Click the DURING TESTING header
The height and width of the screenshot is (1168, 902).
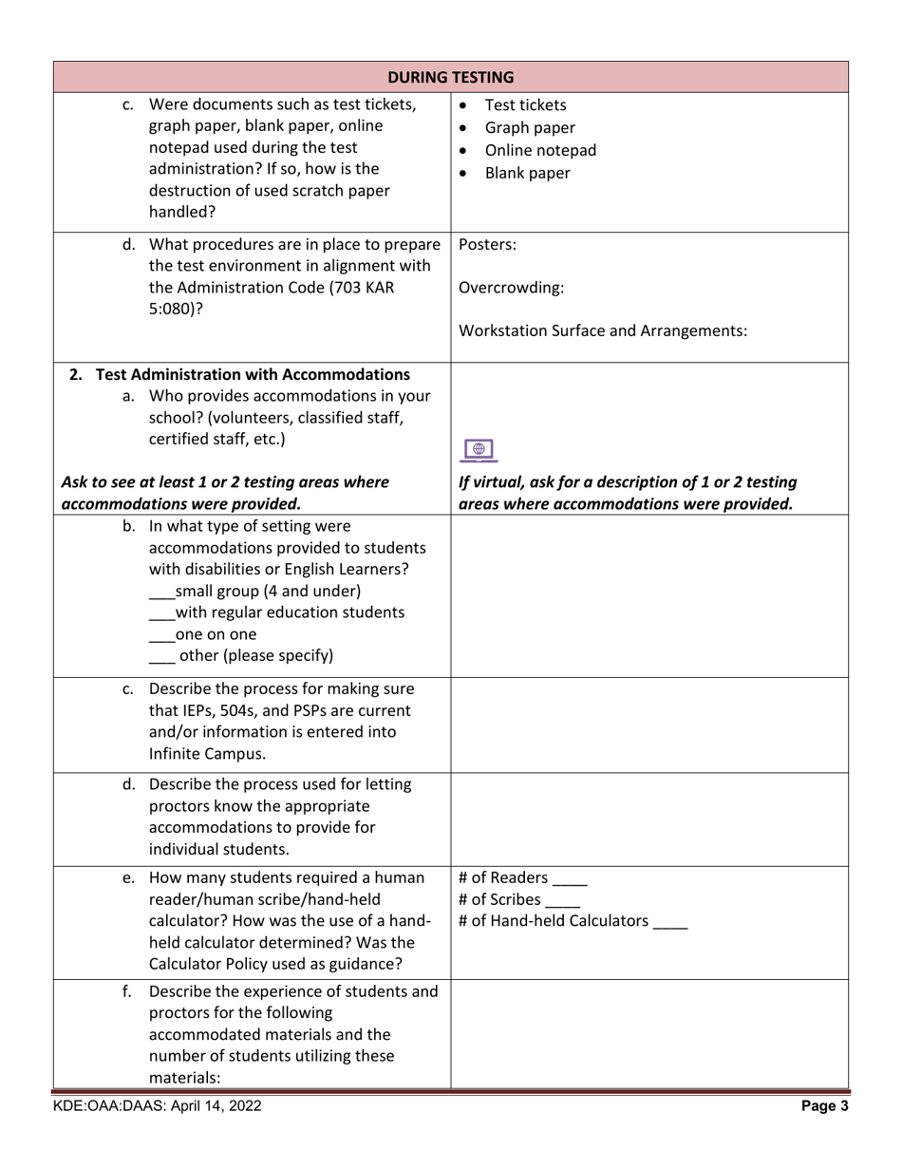coord(451,77)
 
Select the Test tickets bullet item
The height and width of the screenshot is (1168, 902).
coord(525,104)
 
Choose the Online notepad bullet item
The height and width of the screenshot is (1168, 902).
coord(539,150)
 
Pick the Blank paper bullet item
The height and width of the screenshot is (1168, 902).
coord(527,173)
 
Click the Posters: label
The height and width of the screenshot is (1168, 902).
coord(487,244)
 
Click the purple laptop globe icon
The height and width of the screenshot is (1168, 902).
coord(479,450)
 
